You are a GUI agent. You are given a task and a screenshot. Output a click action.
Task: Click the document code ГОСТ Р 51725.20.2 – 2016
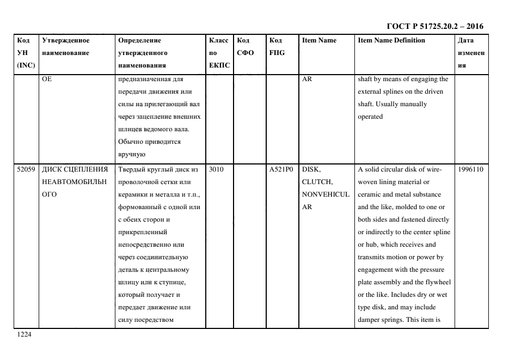point(434,26)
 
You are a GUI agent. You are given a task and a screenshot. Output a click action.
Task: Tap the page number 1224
point(24,335)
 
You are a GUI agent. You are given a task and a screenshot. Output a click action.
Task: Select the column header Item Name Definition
point(391,40)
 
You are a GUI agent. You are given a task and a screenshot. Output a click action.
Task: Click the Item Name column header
point(319,40)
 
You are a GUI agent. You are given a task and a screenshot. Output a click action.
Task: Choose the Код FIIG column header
point(277,47)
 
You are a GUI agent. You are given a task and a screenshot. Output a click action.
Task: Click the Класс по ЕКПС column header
point(219,53)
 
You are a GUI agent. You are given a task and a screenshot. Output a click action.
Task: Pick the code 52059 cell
point(26,169)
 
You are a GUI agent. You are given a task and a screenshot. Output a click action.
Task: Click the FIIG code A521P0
point(281,169)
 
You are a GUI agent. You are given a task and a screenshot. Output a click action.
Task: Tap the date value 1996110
point(470,169)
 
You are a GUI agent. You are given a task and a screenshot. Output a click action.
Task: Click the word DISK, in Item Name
point(312,169)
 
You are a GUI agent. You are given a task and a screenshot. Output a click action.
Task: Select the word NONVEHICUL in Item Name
point(326,194)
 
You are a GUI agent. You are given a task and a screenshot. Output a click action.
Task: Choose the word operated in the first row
point(370,117)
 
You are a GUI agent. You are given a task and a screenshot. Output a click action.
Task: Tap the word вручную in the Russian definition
point(131,154)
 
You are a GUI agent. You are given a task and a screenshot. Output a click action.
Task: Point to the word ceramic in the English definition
point(370,194)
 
